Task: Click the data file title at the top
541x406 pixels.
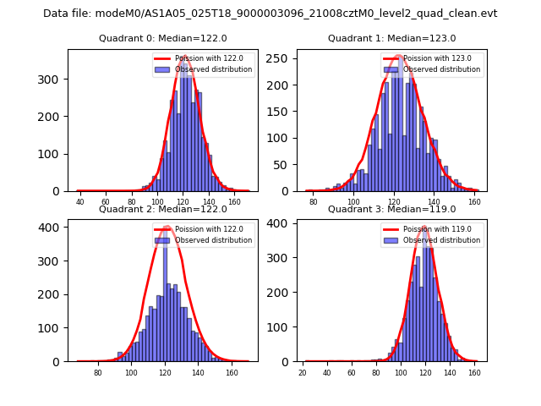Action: pos(270,14)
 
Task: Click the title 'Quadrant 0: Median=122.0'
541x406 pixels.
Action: pos(150,38)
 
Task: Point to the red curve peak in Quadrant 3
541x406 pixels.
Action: pos(424,228)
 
